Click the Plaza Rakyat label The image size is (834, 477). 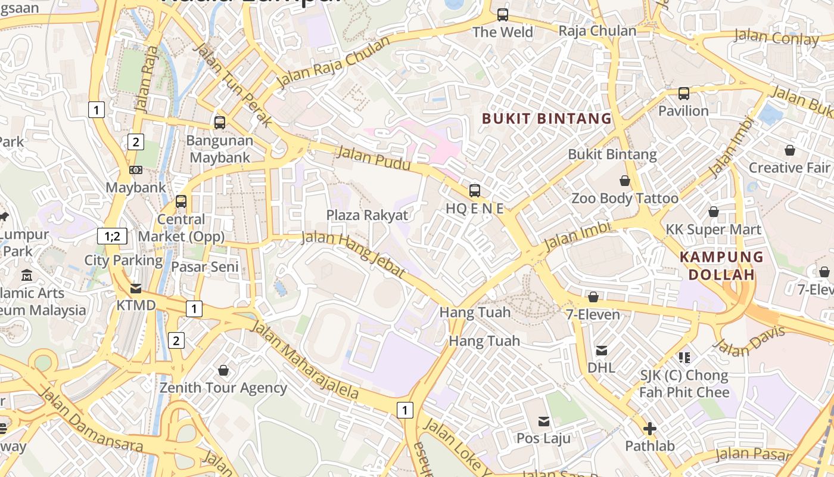pyautogui.click(x=367, y=215)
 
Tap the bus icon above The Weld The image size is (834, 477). pyautogui.click(x=503, y=15)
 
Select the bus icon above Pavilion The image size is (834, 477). pyautogui.click(x=684, y=94)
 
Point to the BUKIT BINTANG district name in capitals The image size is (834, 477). pyautogui.click(x=547, y=119)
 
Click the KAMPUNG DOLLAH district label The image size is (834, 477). pyautogui.click(x=721, y=266)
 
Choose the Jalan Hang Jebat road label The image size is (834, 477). pyautogui.click(x=353, y=255)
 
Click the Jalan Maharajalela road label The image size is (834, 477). pyautogui.click(x=304, y=360)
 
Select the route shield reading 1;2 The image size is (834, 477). pyautogui.click(x=112, y=236)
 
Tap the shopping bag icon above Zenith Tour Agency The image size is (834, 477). pyautogui.click(x=223, y=371)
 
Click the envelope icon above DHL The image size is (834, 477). pyautogui.click(x=602, y=351)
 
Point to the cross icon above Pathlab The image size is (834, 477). pyautogui.click(x=650, y=429)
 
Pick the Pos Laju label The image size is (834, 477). pyautogui.click(x=543, y=438)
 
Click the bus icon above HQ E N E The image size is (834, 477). pyautogui.click(x=475, y=191)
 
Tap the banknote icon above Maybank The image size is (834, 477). pyautogui.click(x=136, y=170)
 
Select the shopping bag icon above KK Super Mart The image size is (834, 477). pyautogui.click(x=713, y=212)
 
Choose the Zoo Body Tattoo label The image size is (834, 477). pyautogui.click(x=625, y=199)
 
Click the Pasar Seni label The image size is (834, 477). pyautogui.click(x=205, y=267)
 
